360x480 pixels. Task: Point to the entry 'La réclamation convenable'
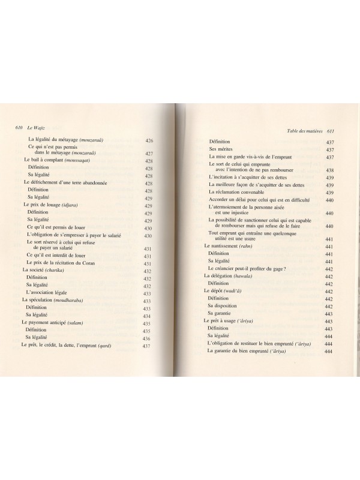point(242,191)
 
